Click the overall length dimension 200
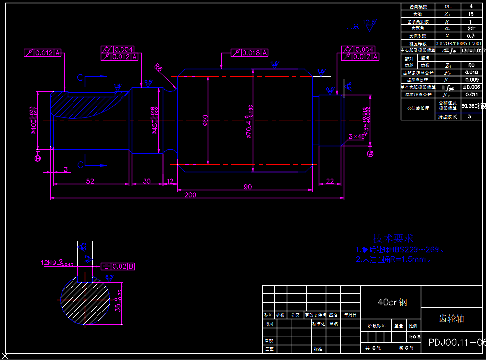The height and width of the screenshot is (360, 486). (190, 195)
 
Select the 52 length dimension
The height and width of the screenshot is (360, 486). (90, 181)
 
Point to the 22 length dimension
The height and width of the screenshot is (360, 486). (330, 181)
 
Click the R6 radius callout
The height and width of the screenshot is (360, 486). (158, 68)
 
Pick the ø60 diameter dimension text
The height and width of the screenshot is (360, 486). (206, 120)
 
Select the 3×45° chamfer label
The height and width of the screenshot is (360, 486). (356, 137)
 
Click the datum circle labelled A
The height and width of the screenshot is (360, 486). (370, 154)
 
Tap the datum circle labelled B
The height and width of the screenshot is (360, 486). (37, 158)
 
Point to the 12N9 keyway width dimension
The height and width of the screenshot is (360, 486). (56, 263)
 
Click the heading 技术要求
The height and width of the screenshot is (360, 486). (392, 239)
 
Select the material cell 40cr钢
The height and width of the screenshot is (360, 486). (392, 302)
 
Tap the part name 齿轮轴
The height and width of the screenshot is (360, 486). (451, 319)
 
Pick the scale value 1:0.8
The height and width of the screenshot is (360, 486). (413, 337)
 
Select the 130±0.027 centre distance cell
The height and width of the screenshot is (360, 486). (471, 50)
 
